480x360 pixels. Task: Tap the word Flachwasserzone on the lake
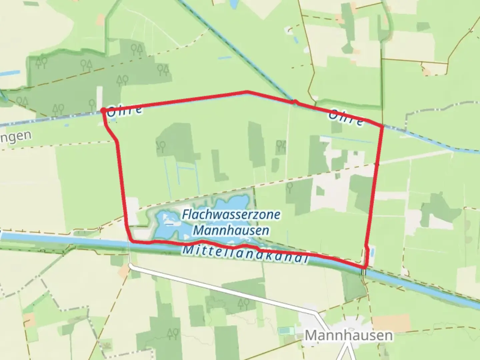tap(231, 215)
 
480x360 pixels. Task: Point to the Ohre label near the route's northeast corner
tap(346, 118)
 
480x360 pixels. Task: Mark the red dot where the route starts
tap(103, 110)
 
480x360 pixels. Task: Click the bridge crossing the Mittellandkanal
tap(363, 272)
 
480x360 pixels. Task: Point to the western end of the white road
tap(130, 266)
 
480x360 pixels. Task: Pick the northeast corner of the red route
tap(382, 126)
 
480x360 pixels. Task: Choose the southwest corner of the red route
tap(131, 240)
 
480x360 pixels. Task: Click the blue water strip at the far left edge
tap(10, 73)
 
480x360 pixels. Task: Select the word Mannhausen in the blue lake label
tap(231, 230)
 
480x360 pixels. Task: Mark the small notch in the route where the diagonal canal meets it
tap(295, 102)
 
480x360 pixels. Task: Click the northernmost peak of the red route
tap(247, 91)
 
